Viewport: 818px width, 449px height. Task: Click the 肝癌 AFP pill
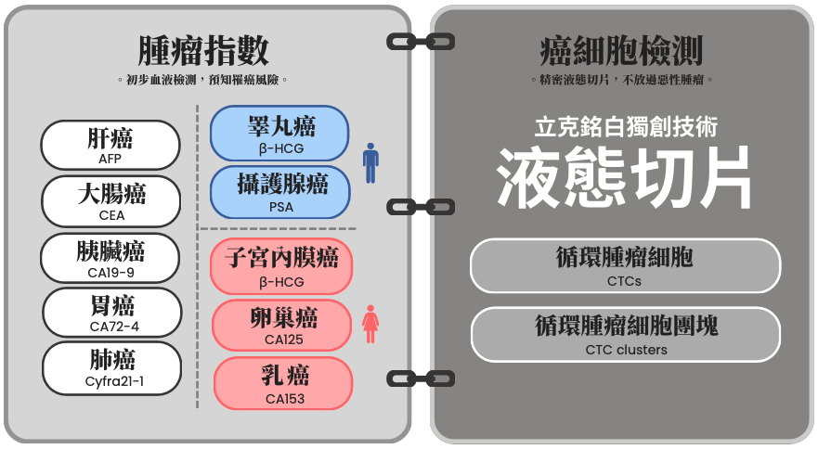110,145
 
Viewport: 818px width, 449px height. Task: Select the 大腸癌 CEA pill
111,201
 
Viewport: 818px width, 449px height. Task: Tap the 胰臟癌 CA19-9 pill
110,258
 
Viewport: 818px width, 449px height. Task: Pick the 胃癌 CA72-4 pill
112,313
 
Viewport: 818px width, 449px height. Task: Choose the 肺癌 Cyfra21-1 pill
112,368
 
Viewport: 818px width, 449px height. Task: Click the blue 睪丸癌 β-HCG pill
279,133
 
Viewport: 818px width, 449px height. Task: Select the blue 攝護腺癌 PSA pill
280,192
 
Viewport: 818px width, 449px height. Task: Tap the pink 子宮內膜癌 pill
281,266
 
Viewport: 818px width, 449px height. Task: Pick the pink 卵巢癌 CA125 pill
282,325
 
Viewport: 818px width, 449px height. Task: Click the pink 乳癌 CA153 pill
283,383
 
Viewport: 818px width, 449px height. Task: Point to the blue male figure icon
370,163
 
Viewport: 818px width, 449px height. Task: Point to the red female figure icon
370,324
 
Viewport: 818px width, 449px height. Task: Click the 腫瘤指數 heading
203,51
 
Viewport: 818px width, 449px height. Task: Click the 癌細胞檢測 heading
621,51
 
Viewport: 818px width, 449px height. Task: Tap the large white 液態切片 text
624,176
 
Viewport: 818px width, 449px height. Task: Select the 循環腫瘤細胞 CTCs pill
625,265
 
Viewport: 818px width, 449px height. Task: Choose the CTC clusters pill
626,334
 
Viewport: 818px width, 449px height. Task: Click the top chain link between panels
421,42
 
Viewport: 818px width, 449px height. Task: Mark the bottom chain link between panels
421,378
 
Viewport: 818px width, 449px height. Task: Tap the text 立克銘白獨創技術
626,128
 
